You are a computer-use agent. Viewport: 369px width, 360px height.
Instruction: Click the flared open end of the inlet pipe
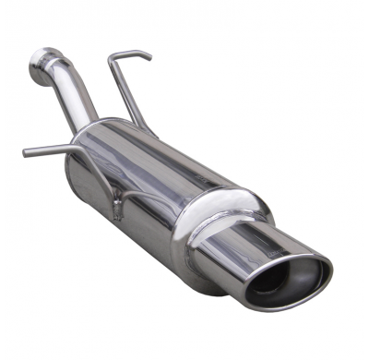39,62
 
